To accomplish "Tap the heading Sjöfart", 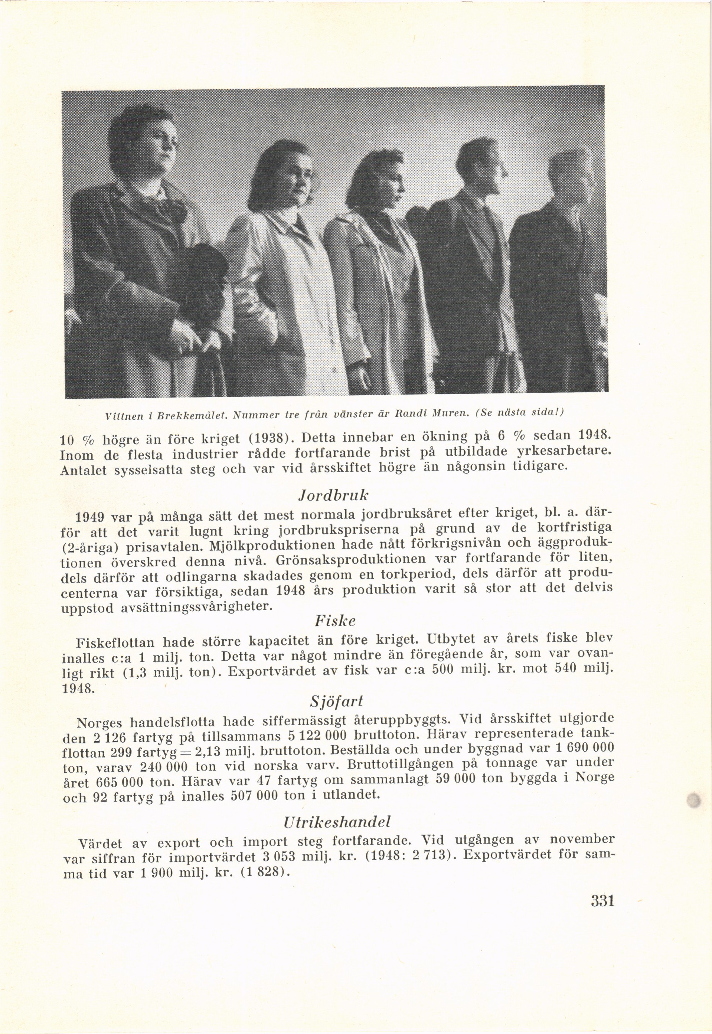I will pos(336,702).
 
